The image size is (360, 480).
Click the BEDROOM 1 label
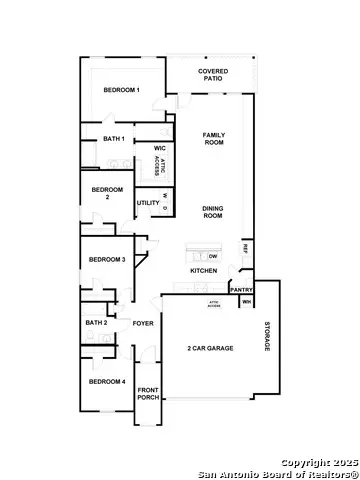coord(121,91)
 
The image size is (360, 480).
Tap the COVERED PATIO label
coord(214,76)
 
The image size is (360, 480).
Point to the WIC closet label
coord(159,148)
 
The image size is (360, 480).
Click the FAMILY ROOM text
coord(214,139)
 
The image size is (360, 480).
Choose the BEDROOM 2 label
coord(106,194)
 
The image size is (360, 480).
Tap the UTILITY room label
coord(147,203)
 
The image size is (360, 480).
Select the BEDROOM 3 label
coord(106,260)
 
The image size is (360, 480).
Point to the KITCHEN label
coord(204,271)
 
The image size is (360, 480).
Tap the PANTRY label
coord(241,290)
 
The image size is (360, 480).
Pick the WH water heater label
coord(246,301)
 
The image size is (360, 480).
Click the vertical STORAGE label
coord(267,336)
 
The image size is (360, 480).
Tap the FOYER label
coord(143,323)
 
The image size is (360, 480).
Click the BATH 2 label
coord(96,323)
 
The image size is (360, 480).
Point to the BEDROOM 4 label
coord(106,382)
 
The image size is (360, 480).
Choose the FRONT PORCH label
coord(148,394)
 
